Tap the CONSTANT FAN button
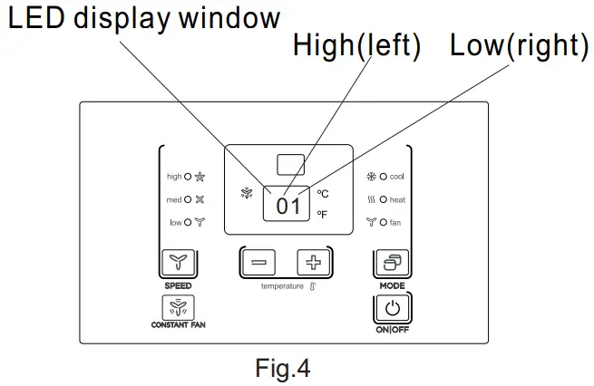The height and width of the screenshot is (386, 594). click(178, 307)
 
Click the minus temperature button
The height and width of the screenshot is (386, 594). click(258, 262)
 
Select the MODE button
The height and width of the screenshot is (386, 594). click(392, 262)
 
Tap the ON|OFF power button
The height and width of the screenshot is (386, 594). click(392, 308)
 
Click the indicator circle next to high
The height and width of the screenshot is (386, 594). click(188, 177)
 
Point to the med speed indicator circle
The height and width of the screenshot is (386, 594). click(188, 199)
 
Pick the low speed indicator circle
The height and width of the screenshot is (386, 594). click(188, 222)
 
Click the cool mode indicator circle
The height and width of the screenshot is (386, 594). click(384, 177)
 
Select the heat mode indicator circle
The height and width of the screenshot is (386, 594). click(384, 199)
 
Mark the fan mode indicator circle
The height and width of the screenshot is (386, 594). click(384, 222)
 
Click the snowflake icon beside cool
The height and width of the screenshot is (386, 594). click(371, 177)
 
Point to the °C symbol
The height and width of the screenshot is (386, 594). click(323, 194)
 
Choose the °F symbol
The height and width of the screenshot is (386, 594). click(322, 215)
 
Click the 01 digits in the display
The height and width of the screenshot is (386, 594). click(287, 207)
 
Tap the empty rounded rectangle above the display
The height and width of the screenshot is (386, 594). click(290, 165)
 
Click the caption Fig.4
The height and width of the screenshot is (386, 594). click(283, 368)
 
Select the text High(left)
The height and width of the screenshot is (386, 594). click(357, 45)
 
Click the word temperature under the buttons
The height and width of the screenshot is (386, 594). click(282, 286)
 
